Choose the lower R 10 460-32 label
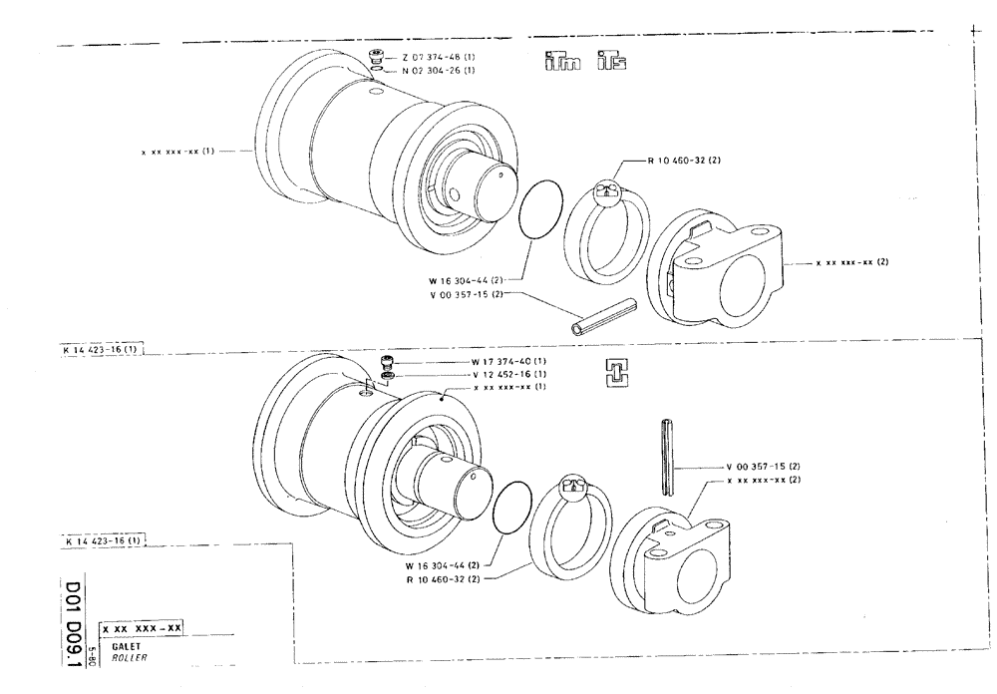click(x=444, y=578)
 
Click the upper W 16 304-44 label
click(x=463, y=281)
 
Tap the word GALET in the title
click(x=112, y=646)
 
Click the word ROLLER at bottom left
click(x=116, y=657)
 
